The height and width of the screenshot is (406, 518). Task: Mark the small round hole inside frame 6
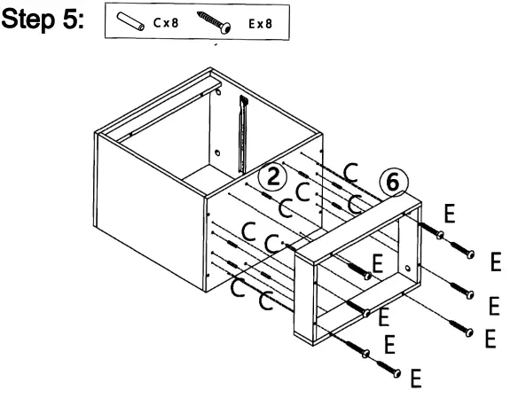pos(408,265)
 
